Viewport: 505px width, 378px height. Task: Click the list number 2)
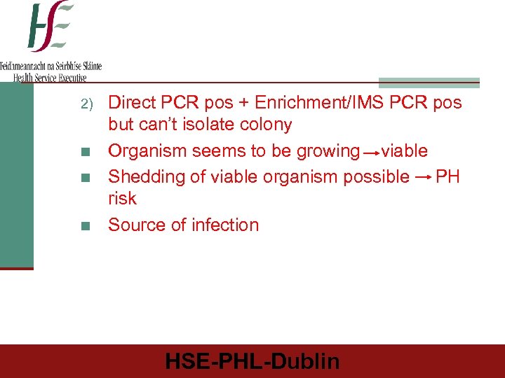point(86,104)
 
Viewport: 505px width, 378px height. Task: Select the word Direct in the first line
point(133,103)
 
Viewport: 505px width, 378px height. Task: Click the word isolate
point(207,125)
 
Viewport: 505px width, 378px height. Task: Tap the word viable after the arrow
point(405,151)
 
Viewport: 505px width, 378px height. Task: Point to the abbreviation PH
point(447,176)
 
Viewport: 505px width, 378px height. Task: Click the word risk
point(122,199)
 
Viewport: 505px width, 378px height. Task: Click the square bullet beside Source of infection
point(85,226)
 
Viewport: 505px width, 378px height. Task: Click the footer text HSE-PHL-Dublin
point(252,361)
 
